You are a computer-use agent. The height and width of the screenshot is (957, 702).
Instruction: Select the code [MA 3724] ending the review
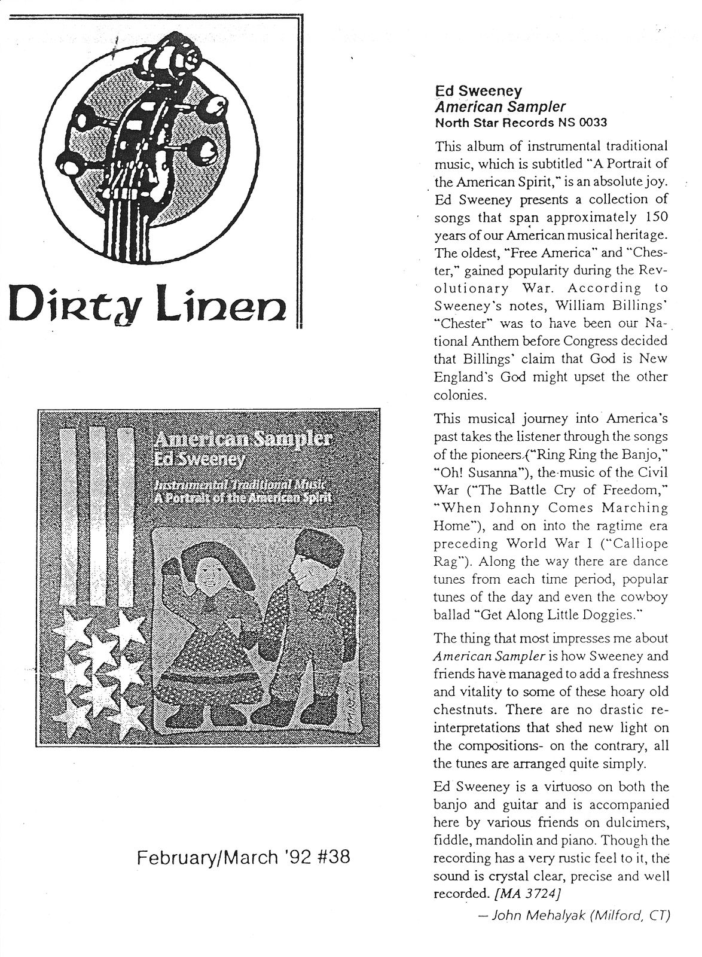point(527,894)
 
